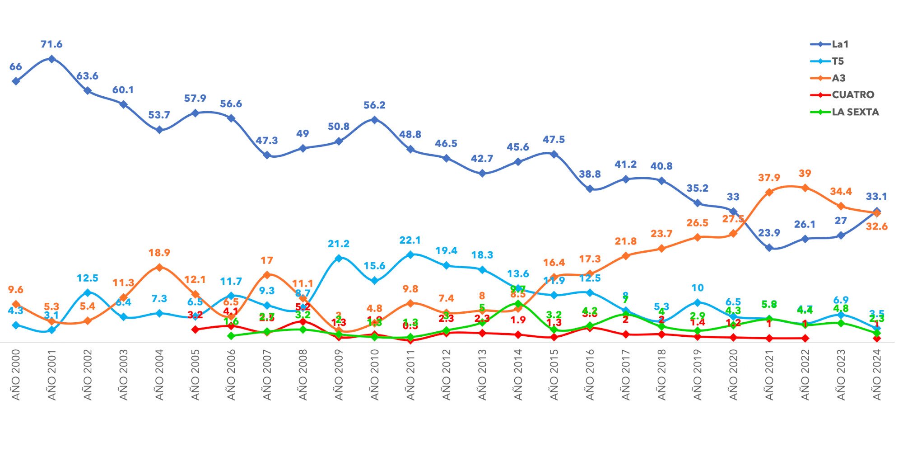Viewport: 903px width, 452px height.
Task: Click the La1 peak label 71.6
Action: [51, 44]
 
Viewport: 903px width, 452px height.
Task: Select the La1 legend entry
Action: [840, 44]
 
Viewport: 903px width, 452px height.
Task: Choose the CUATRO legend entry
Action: [852, 95]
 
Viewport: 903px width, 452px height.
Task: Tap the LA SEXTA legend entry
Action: [855, 112]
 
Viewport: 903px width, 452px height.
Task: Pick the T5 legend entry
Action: [838, 61]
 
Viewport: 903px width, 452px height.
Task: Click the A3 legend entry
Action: [838, 78]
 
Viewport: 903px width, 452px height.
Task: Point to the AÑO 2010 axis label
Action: [375, 375]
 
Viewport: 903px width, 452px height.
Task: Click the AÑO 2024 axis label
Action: [877, 375]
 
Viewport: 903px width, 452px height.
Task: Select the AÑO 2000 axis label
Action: [16, 375]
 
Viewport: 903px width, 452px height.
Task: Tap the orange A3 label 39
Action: [805, 174]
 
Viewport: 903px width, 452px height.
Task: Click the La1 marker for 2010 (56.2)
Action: [374, 120]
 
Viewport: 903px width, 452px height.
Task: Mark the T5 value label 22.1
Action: [410, 240]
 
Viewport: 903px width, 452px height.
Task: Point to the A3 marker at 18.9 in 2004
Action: [159, 267]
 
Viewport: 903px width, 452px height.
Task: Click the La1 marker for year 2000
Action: [16, 81]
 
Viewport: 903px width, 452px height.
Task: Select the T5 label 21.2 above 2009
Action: [339, 244]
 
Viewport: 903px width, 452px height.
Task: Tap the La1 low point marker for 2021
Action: [769, 248]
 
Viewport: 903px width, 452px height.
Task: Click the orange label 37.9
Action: [769, 178]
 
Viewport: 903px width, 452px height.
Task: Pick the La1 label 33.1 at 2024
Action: [876, 197]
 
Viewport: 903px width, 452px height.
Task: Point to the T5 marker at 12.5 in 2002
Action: [88, 292]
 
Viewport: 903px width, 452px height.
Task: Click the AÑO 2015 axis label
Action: [554, 375]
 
